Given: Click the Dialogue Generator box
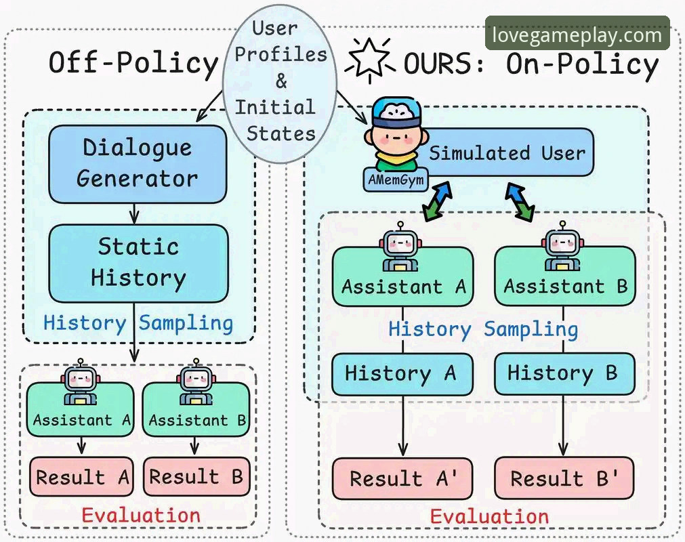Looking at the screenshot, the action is (138, 164).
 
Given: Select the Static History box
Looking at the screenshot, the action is (138, 264).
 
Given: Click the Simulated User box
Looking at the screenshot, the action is (502, 152).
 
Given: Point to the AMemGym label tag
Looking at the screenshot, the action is (396, 180).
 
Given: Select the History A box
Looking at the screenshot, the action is (402, 374).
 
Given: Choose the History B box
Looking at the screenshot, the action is (564, 374).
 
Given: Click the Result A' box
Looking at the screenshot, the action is (402, 478).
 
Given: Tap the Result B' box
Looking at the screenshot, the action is (564, 478).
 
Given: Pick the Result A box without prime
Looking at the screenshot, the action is (81, 476).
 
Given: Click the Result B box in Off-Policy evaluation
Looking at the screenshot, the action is (196, 476).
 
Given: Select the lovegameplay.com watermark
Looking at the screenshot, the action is (577, 35).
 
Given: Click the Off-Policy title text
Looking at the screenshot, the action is (133, 63).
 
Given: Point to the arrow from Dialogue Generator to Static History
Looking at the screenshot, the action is (135, 214).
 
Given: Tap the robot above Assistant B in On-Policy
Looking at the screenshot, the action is (562, 246).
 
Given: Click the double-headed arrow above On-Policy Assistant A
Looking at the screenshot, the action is (437, 201).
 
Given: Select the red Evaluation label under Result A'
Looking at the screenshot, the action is (489, 517).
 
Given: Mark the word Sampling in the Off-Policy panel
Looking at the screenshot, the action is (186, 324).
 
